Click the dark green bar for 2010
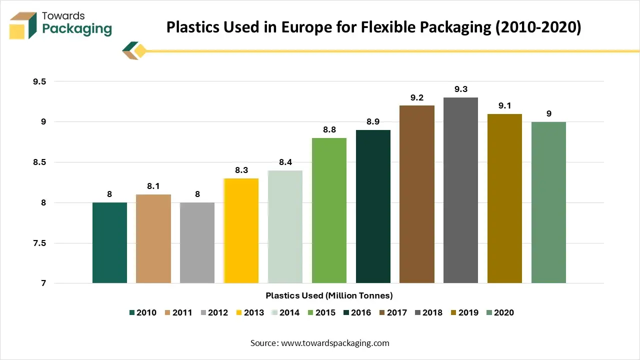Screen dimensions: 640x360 click(109, 243)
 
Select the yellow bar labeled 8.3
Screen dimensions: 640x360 click(241, 230)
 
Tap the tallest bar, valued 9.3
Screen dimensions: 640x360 click(460, 190)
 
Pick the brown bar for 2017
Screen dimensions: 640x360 click(417, 194)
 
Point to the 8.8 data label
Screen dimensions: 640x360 click(329, 129)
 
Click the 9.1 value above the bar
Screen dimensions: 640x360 click(504, 105)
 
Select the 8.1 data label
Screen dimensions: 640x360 click(153, 186)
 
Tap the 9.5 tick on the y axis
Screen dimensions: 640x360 click(39, 81)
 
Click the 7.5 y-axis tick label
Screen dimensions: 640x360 click(39, 243)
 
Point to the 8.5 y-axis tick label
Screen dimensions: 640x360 click(39, 162)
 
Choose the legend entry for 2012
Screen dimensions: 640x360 click(213, 312)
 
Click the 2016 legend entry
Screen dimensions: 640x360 click(357, 312)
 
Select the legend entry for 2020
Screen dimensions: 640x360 click(499, 312)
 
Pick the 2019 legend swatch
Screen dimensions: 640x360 click(453, 312)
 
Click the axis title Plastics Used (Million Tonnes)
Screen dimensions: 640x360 click(329, 295)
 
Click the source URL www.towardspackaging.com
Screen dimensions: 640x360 click(334, 343)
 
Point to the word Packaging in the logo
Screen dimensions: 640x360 click(77, 29)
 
